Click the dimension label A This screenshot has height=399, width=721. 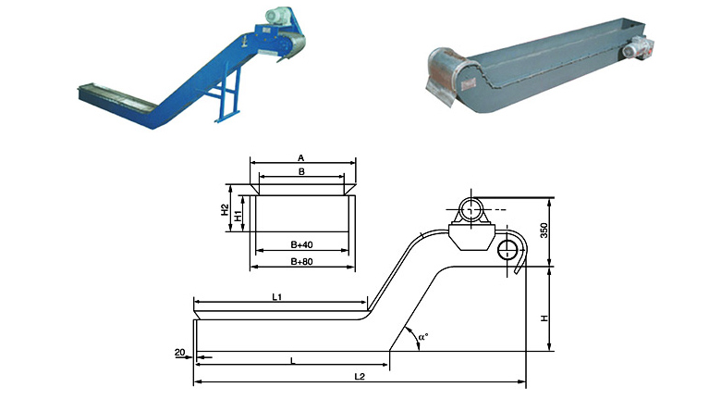click(x=301, y=158)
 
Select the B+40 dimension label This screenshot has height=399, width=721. click(x=301, y=244)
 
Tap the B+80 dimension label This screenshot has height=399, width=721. click(x=301, y=261)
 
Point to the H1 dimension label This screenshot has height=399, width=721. click(x=238, y=216)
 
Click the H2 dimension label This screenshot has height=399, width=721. click(x=225, y=210)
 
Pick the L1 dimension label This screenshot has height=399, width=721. click(x=276, y=297)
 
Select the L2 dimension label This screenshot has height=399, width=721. click(x=360, y=376)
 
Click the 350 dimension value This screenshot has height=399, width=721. click(x=544, y=230)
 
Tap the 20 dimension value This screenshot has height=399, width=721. click(x=180, y=353)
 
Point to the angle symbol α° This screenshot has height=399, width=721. click(x=423, y=337)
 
